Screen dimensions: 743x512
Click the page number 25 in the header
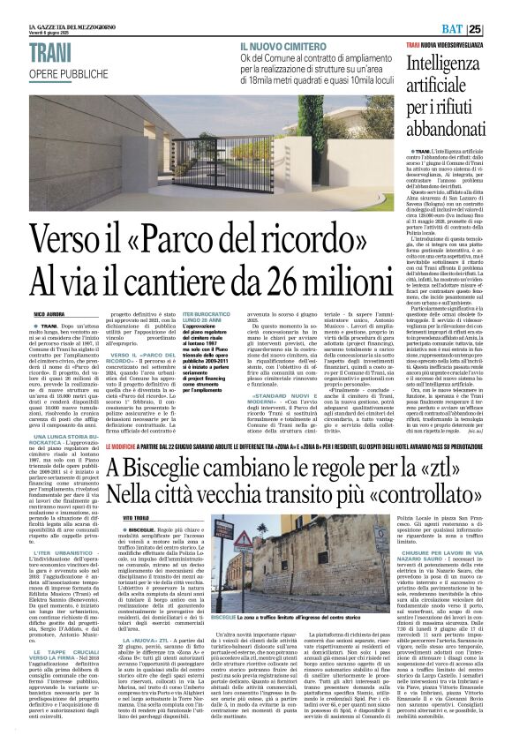[500, 29]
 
